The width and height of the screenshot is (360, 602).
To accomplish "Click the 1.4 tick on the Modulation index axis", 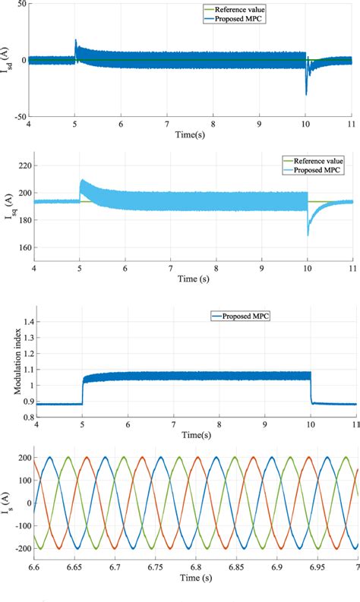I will tap(19, 322).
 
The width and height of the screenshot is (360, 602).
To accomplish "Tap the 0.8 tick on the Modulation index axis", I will tap(19, 416).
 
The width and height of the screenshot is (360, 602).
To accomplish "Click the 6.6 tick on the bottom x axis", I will tap(34, 578).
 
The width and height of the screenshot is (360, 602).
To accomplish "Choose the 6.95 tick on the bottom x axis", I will tap(313, 578).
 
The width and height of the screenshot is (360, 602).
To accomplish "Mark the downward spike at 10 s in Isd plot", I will tap(307, 93).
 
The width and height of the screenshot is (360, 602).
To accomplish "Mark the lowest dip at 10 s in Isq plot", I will tap(308, 235).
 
